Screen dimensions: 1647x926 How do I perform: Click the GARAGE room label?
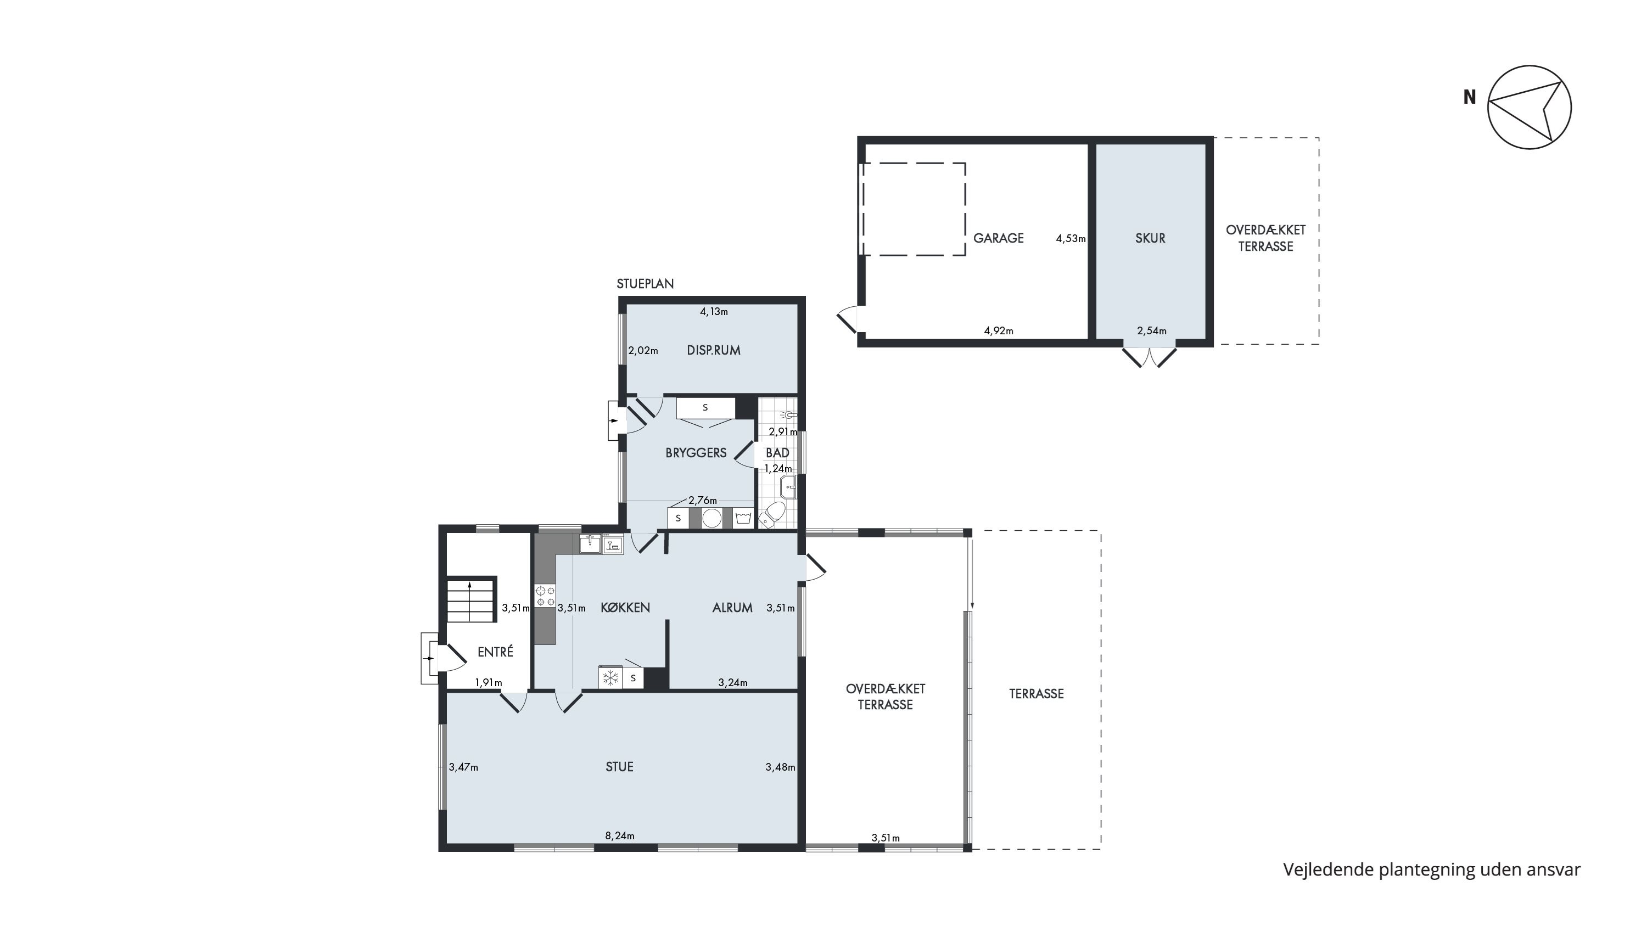998,238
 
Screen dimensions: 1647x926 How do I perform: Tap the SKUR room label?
1150,238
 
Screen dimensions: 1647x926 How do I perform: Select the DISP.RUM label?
714,350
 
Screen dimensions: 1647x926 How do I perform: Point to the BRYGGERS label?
696,452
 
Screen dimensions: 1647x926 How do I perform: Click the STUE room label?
619,767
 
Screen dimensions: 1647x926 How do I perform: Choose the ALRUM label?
732,608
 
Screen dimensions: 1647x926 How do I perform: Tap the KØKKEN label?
625,608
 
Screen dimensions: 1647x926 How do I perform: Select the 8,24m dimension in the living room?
619,836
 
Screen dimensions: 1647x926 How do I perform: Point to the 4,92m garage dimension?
998,331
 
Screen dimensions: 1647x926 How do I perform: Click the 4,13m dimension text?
714,312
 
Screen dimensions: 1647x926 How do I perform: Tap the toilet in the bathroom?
773,514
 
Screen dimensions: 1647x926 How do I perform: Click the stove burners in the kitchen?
545,596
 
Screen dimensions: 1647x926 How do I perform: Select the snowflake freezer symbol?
611,677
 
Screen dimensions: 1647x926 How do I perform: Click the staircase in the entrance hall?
471,599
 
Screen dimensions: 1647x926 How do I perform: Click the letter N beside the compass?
1470,97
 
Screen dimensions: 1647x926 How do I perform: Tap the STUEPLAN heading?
645,284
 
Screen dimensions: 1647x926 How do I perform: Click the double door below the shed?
1150,357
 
